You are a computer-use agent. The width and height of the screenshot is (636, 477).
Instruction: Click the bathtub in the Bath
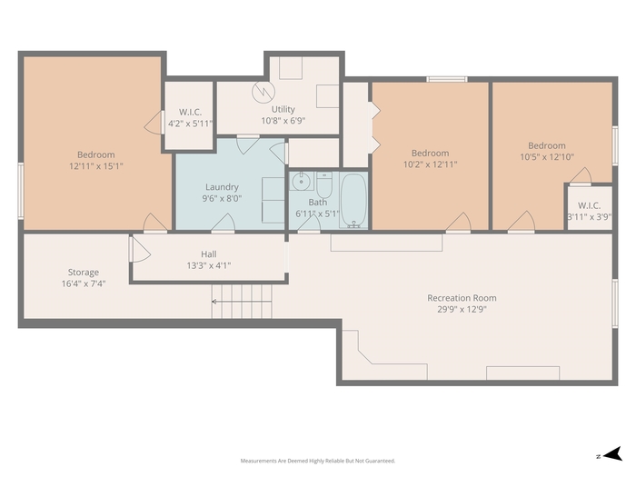353,201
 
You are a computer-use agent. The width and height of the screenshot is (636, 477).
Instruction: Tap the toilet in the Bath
324,185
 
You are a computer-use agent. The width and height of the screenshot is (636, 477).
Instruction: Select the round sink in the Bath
301,181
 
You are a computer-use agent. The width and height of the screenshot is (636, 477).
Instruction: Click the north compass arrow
613,454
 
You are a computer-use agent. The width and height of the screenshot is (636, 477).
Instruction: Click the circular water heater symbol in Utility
263,92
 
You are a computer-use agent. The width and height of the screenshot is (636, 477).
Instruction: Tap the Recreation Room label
462,298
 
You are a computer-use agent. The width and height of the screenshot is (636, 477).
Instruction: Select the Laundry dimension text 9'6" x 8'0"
222,198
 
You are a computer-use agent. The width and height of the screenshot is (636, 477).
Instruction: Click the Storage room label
84,273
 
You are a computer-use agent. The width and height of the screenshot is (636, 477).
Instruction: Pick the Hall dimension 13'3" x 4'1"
208,265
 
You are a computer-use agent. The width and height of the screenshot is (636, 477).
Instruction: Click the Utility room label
283,109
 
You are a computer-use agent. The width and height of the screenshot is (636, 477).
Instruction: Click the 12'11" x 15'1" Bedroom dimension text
96,166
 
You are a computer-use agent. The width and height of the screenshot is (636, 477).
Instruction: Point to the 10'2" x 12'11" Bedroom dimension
430,164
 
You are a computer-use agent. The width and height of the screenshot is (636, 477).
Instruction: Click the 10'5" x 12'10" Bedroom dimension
547,156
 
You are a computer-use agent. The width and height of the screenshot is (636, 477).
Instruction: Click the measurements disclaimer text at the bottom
318,461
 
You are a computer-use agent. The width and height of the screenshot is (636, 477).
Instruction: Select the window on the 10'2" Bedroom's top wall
447,79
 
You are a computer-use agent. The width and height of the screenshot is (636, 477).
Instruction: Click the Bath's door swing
311,223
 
